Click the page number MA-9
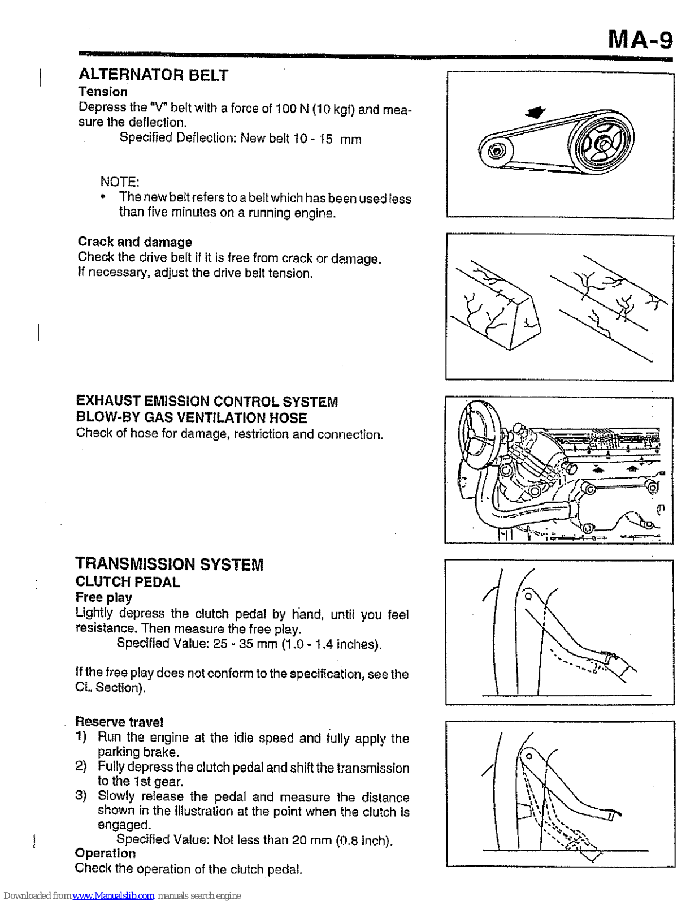[640, 40]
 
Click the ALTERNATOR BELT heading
[153, 75]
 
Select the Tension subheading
[103, 92]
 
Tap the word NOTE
[120, 182]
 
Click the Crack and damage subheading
[134, 242]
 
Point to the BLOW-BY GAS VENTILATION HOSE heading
[192, 417]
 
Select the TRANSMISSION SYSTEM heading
[170, 564]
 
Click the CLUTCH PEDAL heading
[128, 581]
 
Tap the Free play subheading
[104, 597]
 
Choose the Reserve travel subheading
[119, 722]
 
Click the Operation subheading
[105, 853]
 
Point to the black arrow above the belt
[535, 112]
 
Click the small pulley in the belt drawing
[496, 151]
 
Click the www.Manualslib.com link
[113, 896]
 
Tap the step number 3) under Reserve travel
[81, 796]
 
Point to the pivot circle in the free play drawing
[528, 596]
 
